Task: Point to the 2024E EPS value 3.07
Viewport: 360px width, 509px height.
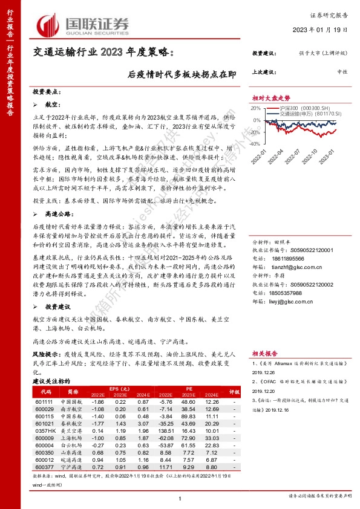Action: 143,424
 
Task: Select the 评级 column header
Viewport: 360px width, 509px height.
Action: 231,391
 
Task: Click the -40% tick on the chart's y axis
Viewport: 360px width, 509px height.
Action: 257,144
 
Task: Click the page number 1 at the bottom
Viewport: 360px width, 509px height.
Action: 180,498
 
